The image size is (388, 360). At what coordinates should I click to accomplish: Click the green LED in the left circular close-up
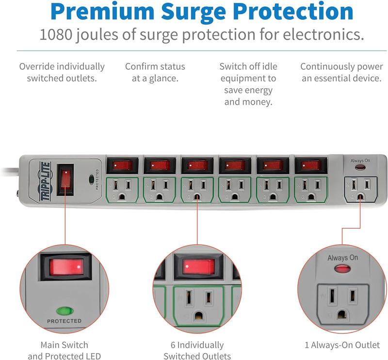[62, 311]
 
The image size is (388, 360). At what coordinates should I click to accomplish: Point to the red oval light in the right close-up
[342, 269]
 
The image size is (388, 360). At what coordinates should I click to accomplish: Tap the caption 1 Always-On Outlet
[342, 345]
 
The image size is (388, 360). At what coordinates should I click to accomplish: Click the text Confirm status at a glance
[155, 72]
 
